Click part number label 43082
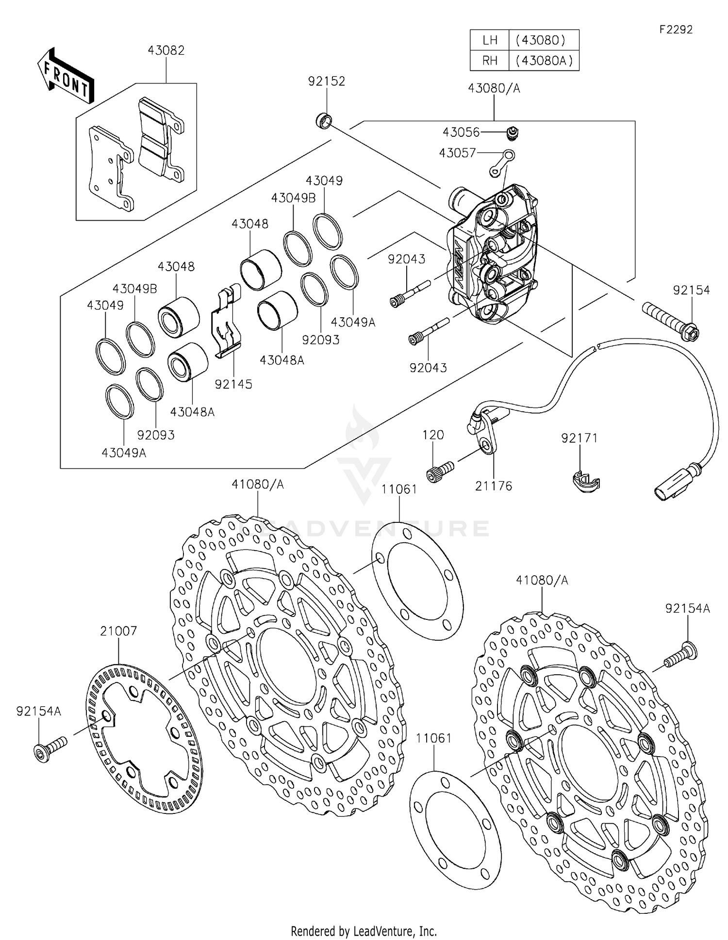click(x=166, y=51)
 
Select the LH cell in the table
click(x=490, y=40)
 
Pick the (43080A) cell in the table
click(x=544, y=61)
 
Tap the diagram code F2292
click(x=676, y=30)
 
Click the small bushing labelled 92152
click(x=324, y=120)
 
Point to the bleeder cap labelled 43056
click(x=511, y=131)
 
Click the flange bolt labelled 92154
click(x=671, y=322)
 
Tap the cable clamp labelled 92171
click(x=585, y=482)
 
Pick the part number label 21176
click(x=494, y=486)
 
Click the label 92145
click(x=233, y=384)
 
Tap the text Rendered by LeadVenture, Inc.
click(x=364, y=931)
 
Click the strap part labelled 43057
click(x=502, y=163)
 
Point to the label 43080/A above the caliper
click(x=494, y=88)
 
